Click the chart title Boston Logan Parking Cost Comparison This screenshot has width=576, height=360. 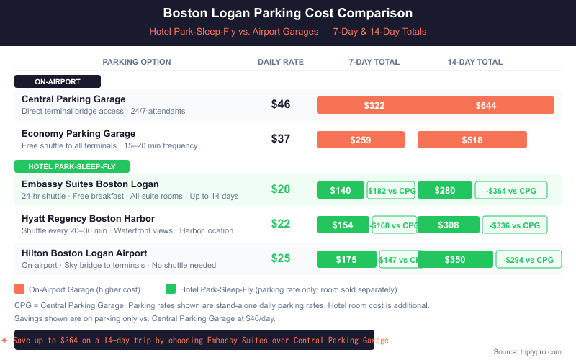[288, 13]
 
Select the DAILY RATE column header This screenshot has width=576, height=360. [281, 62]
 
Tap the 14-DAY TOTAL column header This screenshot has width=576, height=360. [475, 62]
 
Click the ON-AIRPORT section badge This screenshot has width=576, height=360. [58, 81]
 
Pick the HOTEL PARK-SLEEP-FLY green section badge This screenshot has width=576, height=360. [71, 166]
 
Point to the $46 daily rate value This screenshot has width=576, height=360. [281, 104]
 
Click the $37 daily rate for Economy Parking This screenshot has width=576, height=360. [281, 139]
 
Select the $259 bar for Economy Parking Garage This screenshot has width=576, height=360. [361, 140]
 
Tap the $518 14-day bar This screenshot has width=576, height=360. [472, 140]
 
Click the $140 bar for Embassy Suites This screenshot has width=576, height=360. [341, 190]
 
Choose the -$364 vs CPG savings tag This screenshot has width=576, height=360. [511, 190]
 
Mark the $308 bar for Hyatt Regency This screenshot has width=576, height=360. [448, 225]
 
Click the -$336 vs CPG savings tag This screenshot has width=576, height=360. [514, 225]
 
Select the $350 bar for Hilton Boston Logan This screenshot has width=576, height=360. [455, 259]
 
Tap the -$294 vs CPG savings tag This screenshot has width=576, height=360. [528, 259]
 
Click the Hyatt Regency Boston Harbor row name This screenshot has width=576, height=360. [88, 218]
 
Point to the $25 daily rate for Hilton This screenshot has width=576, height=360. [281, 258]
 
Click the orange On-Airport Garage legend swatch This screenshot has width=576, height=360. [19, 289]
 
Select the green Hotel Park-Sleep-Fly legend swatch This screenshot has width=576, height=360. [171, 289]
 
